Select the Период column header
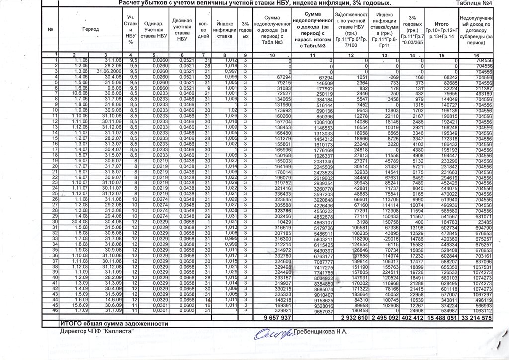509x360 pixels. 90,29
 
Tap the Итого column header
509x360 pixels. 442,24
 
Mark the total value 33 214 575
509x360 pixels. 477,317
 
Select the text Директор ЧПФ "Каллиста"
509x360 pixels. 97,331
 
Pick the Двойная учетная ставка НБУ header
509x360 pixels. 182,29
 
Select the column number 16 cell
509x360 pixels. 476,55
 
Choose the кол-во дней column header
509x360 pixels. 203,29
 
